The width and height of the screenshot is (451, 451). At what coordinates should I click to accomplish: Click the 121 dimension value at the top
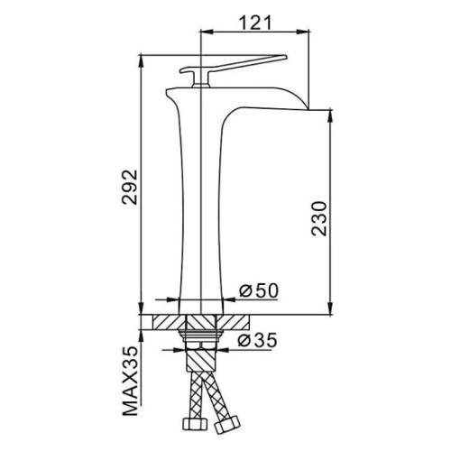(255, 23)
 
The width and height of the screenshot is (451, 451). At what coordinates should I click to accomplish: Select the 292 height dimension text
(130, 187)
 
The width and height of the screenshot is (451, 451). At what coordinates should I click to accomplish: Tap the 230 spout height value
(319, 218)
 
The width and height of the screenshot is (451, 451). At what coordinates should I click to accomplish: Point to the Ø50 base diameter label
(259, 290)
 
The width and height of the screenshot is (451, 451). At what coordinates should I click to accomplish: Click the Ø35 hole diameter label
(257, 340)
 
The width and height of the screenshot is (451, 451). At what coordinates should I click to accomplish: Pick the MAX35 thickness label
(130, 381)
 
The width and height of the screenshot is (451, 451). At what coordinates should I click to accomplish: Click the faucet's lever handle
(234, 64)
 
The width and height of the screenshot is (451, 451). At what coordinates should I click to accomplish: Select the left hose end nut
(196, 424)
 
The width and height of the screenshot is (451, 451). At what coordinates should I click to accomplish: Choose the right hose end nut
(227, 425)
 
